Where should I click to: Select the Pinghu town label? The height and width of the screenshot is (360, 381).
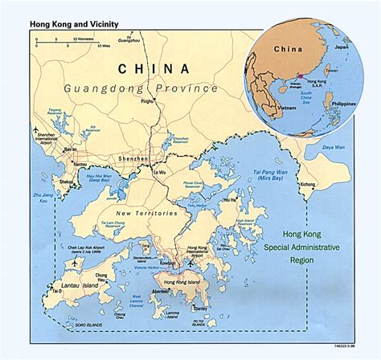147,102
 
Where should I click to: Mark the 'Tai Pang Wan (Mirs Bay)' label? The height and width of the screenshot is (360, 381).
268,173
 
